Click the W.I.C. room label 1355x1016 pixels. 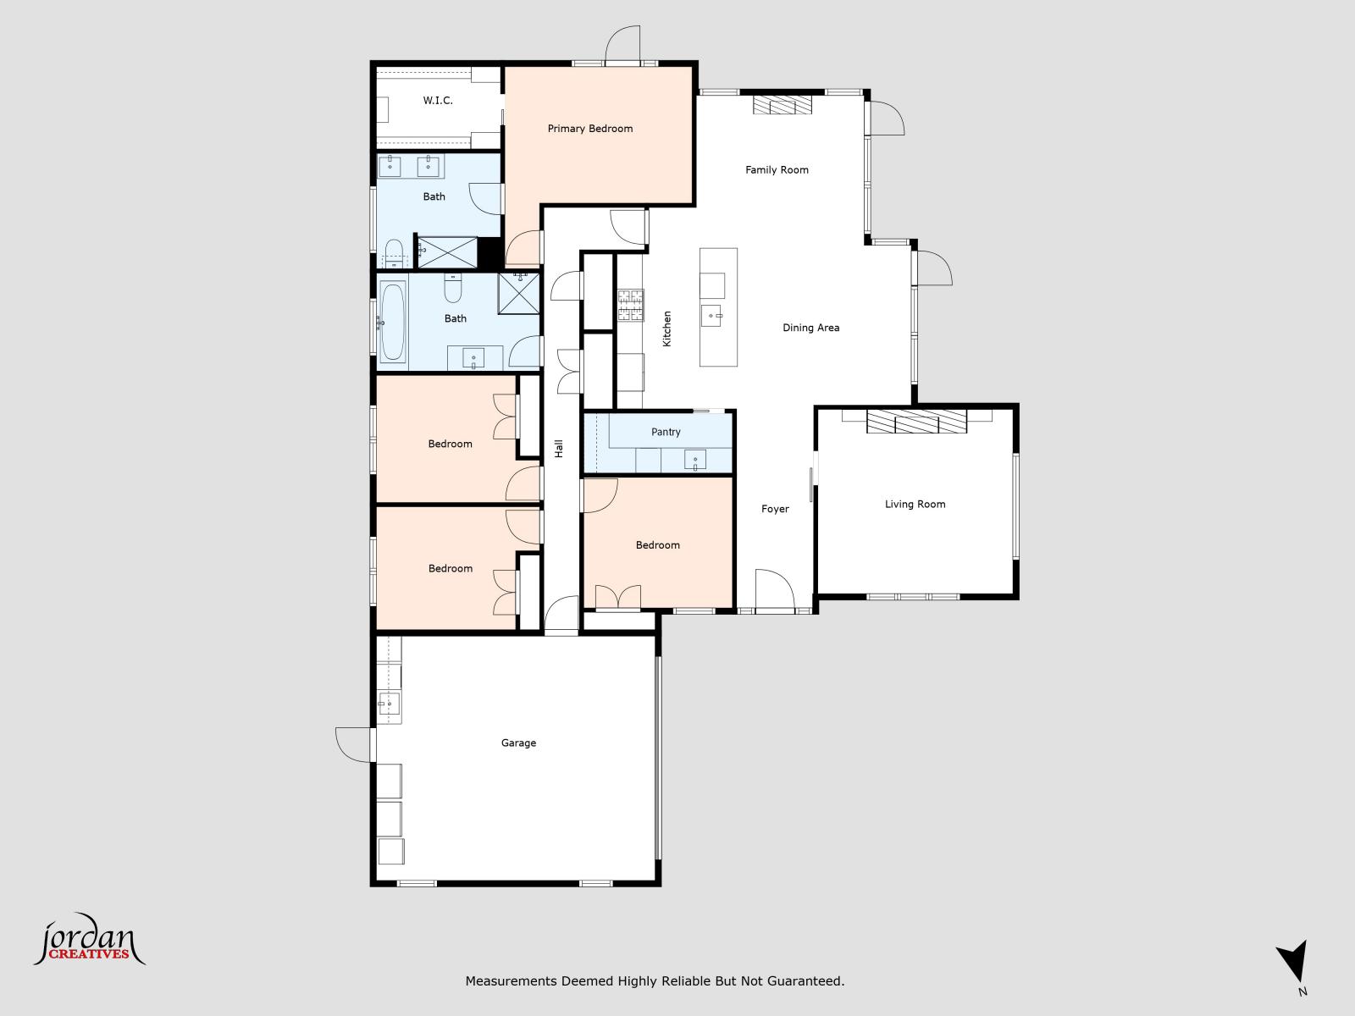pos(438,101)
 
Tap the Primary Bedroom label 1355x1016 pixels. pos(589,129)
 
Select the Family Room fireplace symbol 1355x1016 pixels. pos(783,105)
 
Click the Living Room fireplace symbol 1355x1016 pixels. pos(916,422)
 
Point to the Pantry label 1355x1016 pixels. pos(666,432)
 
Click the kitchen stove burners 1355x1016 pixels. pos(630,306)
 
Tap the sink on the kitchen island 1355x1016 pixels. pos(711,317)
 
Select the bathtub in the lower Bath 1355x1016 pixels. pos(392,322)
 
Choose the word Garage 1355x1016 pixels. pos(518,743)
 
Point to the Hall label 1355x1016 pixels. pos(559,449)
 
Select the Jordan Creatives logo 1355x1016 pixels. pos(89,941)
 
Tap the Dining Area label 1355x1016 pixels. pos(810,328)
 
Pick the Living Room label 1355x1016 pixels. pos(915,504)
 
